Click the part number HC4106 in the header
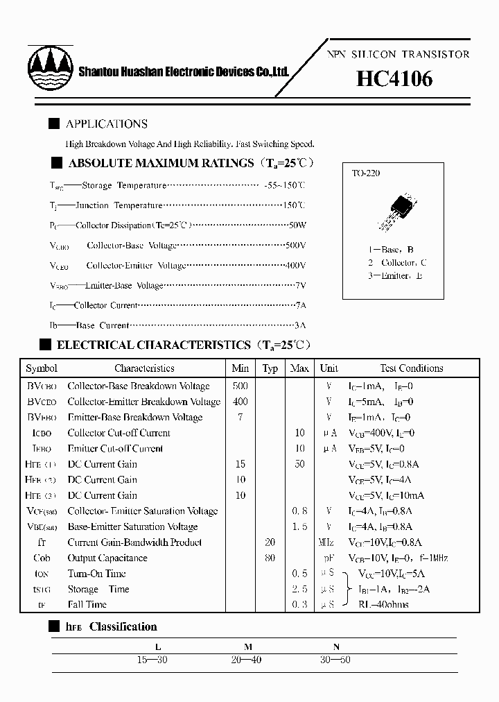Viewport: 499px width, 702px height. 394,79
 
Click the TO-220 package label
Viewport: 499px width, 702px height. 366,173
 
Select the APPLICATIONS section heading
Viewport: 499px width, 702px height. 106,124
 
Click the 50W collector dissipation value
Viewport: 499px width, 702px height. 296,225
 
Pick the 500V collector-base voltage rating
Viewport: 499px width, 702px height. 295,246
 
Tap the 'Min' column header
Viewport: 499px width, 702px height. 240,368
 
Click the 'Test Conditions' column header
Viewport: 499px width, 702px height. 411,368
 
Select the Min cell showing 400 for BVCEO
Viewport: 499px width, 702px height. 240,402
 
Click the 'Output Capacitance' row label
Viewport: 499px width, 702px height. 107,558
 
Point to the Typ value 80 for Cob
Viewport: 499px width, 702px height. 270,558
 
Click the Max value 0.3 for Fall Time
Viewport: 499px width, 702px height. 299,604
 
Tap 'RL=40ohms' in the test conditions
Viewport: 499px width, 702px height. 383,604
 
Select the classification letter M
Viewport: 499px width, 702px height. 247,647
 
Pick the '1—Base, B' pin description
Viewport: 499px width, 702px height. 391,249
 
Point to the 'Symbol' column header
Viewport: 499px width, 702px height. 41,368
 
